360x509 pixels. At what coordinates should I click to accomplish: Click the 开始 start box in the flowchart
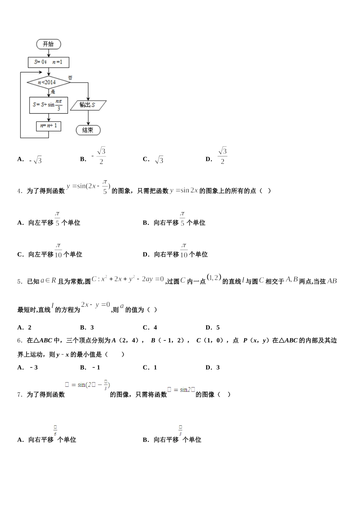[49, 44]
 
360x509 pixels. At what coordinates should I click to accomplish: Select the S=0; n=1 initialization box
[49, 62]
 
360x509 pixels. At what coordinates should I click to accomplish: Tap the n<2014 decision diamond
[48, 82]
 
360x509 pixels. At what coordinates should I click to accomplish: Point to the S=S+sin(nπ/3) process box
[49, 105]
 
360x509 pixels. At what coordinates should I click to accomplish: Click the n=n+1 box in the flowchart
[49, 126]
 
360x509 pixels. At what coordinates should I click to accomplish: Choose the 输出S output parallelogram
[88, 105]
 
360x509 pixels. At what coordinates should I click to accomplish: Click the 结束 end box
[88, 130]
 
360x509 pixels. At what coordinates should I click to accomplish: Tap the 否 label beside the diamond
[70, 78]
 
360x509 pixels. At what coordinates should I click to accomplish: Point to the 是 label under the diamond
[53, 92]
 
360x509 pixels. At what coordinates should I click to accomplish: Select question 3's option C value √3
[159, 160]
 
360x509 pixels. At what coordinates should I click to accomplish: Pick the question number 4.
[20, 191]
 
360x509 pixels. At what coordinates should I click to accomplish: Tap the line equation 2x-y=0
[95, 305]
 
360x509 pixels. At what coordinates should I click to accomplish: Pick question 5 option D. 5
[213, 328]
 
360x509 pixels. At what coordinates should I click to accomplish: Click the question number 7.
[20, 395]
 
